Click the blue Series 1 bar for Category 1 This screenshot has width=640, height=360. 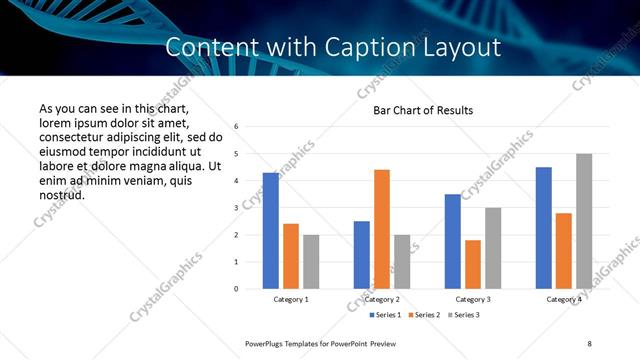click(x=271, y=231)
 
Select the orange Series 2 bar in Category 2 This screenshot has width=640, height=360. click(x=382, y=229)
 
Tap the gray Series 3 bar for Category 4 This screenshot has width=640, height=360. click(x=584, y=221)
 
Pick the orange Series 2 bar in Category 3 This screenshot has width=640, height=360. click(x=473, y=264)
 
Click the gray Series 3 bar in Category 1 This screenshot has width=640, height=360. click(x=311, y=262)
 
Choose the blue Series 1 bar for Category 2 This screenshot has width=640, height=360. click(x=362, y=255)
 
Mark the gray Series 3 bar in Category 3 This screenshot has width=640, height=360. click(x=493, y=248)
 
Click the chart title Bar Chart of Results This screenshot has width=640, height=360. click(x=423, y=110)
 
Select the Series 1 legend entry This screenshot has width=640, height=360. click(x=386, y=315)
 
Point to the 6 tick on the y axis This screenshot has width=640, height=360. click(x=236, y=127)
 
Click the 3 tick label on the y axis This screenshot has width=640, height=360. click(x=236, y=208)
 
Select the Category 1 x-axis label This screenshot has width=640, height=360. click(x=291, y=299)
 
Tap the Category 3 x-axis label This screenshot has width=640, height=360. click(x=473, y=299)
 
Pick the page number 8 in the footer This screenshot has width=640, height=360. click(x=590, y=343)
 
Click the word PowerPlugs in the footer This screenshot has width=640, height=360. click(x=266, y=343)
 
